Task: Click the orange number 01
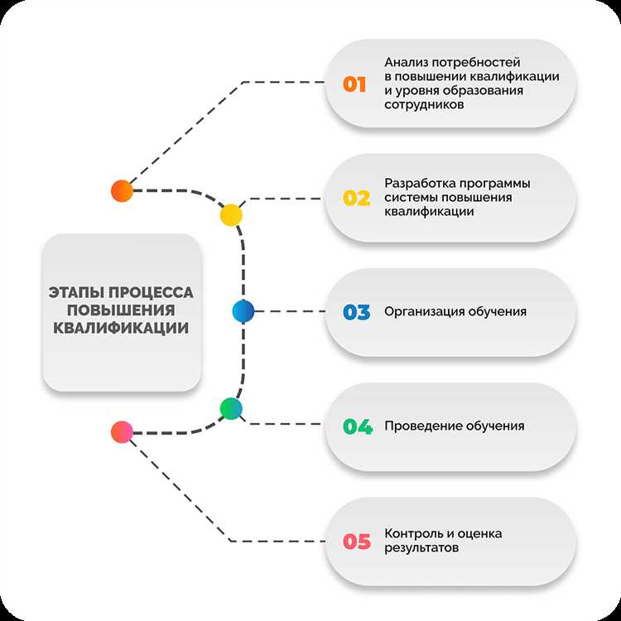tap(354, 84)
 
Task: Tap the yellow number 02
tap(356, 198)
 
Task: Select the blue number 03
tap(356, 312)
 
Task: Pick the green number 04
tap(358, 426)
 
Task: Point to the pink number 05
tap(356, 542)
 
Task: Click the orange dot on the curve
tap(122, 190)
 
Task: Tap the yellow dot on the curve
tap(231, 215)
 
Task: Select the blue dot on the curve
tap(243, 311)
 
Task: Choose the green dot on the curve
tap(231, 407)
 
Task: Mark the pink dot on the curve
tap(122, 431)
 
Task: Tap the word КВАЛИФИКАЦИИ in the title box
tap(121, 328)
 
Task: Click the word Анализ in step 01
tap(406, 62)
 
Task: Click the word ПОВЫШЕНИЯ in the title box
tap(121, 310)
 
